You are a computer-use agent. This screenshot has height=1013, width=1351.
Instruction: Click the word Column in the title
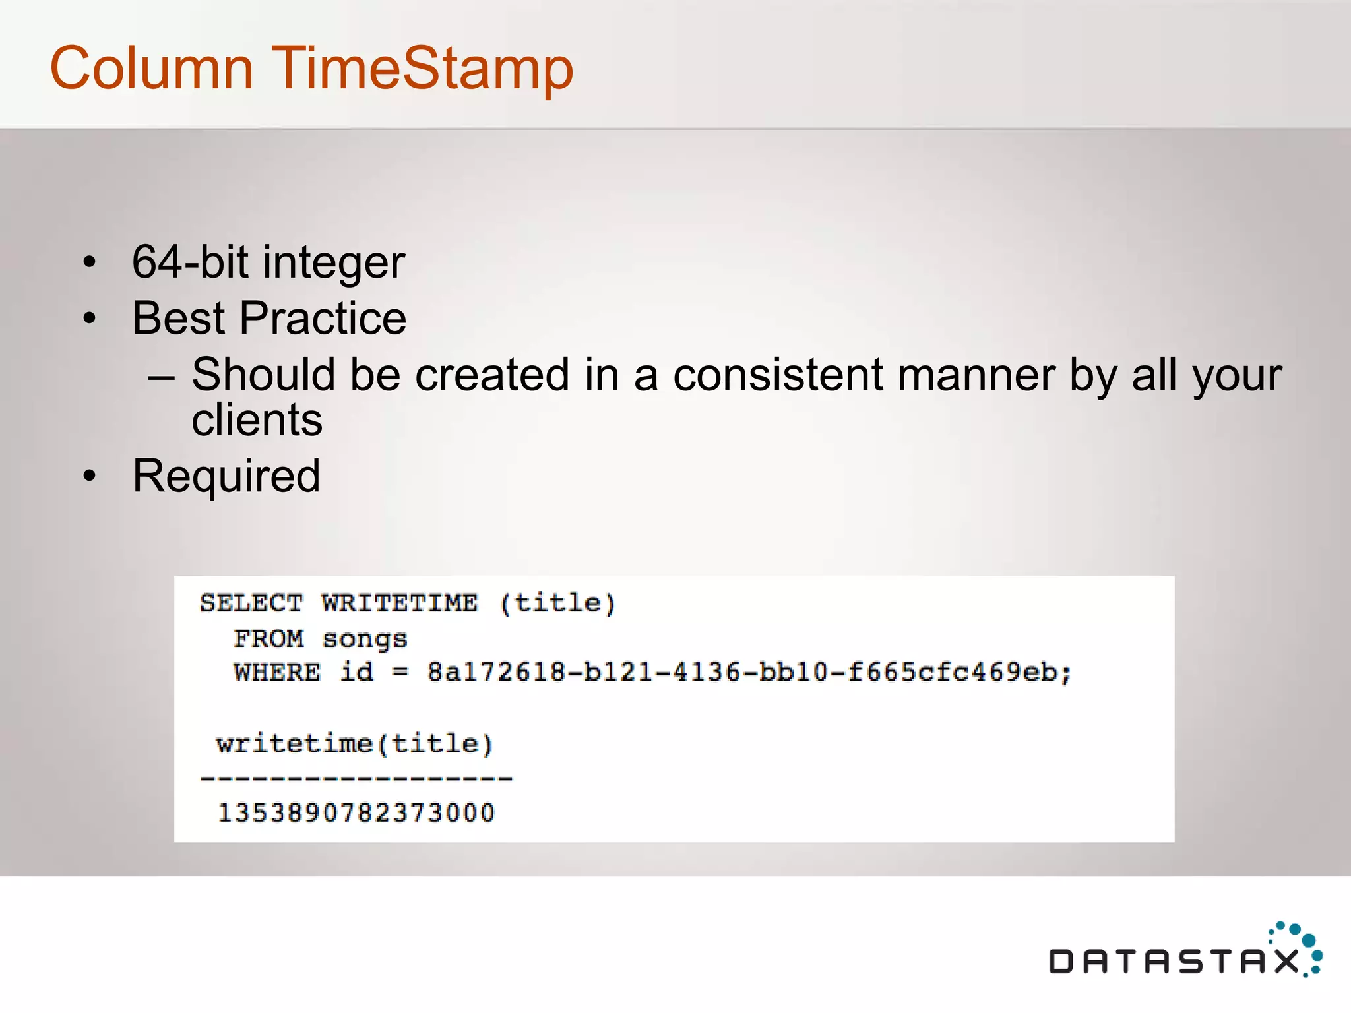(x=152, y=68)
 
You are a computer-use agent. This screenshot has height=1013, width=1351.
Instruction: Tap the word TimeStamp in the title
(x=422, y=69)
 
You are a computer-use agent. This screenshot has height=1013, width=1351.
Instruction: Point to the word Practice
(x=323, y=319)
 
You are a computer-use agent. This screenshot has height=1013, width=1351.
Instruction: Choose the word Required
(x=226, y=476)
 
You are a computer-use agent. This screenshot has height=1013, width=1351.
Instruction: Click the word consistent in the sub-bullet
(x=778, y=375)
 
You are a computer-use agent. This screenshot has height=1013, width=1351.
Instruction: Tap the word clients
(x=257, y=420)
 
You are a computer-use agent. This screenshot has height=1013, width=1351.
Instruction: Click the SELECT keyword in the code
(x=251, y=603)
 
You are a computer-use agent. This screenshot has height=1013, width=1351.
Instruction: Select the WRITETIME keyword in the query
(x=400, y=603)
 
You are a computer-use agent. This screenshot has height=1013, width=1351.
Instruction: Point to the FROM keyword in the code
(x=268, y=638)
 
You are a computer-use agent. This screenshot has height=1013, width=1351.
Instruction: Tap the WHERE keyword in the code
(x=277, y=673)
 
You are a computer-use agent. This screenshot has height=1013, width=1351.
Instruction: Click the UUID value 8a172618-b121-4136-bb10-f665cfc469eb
(x=749, y=673)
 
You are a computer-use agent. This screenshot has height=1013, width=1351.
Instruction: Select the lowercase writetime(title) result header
(x=354, y=744)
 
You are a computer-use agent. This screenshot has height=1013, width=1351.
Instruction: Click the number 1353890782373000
(x=356, y=813)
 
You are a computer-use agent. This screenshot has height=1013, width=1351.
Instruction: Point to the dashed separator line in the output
(x=356, y=779)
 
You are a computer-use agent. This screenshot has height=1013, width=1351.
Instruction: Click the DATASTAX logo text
(x=1174, y=962)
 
